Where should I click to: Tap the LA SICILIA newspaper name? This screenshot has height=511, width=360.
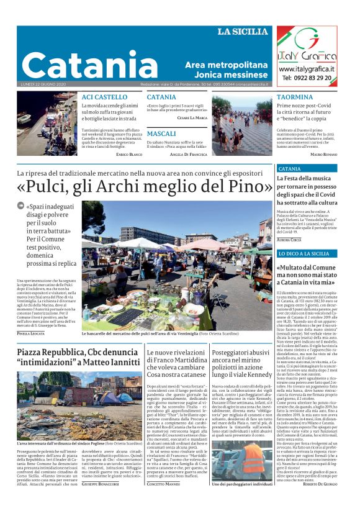click(244, 32)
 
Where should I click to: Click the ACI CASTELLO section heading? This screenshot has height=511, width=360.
click(104, 97)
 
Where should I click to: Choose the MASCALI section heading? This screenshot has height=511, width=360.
click(161, 133)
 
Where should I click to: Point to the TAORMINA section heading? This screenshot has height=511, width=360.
click(295, 97)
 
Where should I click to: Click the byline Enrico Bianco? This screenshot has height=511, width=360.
click(130, 153)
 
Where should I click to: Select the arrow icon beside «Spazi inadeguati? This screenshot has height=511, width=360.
click(20, 206)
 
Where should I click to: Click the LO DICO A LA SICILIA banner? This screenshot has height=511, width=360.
click(304, 254)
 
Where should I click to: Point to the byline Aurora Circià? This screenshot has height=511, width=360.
click(290, 239)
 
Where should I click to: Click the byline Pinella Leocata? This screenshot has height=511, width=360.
click(31, 333)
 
